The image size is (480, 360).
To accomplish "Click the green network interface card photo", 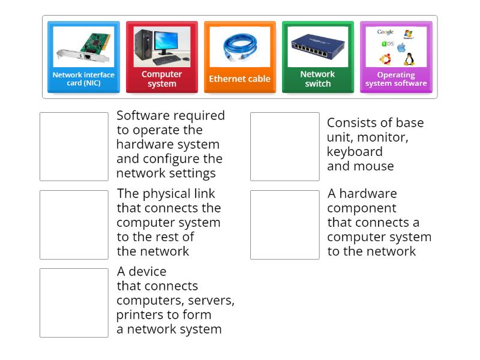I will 83,47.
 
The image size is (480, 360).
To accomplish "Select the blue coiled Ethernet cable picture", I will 239,46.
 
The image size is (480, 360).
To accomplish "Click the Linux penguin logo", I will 409,59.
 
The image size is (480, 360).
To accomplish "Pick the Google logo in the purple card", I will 385,32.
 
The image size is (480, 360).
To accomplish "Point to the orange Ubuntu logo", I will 385,59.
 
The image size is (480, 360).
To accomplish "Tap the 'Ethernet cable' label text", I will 239,79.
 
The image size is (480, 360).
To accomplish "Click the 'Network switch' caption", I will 317,79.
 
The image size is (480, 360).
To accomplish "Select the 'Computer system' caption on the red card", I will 161,79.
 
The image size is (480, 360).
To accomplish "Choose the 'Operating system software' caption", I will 395,79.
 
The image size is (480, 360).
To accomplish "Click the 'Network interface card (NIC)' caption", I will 83,79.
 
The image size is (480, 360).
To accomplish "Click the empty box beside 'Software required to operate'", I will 74,146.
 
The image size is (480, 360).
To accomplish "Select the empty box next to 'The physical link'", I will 74,224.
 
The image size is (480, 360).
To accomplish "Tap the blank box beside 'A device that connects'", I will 74,302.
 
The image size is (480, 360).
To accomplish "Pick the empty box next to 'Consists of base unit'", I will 284,146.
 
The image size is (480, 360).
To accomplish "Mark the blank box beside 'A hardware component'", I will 284,224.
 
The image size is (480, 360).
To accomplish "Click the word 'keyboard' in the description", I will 355,152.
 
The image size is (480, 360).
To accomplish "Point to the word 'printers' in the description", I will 139,314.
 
